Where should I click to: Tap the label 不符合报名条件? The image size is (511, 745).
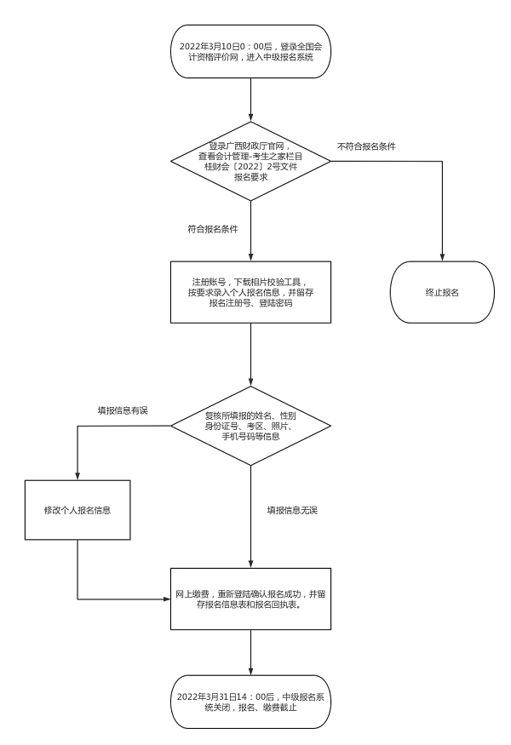pyautogui.click(x=366, y=146)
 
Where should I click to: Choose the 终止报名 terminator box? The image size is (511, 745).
pyautogui.click(x=442, y=292)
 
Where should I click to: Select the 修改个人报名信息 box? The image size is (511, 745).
pyautogui.click(x=78, y=510)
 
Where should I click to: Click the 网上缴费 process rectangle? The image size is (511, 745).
pyautogui.click(x=251, y=599)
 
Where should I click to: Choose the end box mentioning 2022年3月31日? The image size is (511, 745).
pyautogui.click(x=251, y=702)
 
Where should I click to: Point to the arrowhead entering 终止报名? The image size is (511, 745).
pyautogui.click(x=442, y=255)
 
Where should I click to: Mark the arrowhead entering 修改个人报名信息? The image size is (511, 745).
pyautogui.click(x=78, y=477)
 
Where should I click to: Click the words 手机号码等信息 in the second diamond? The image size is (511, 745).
pyautogui.click(x=251, y=437)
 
